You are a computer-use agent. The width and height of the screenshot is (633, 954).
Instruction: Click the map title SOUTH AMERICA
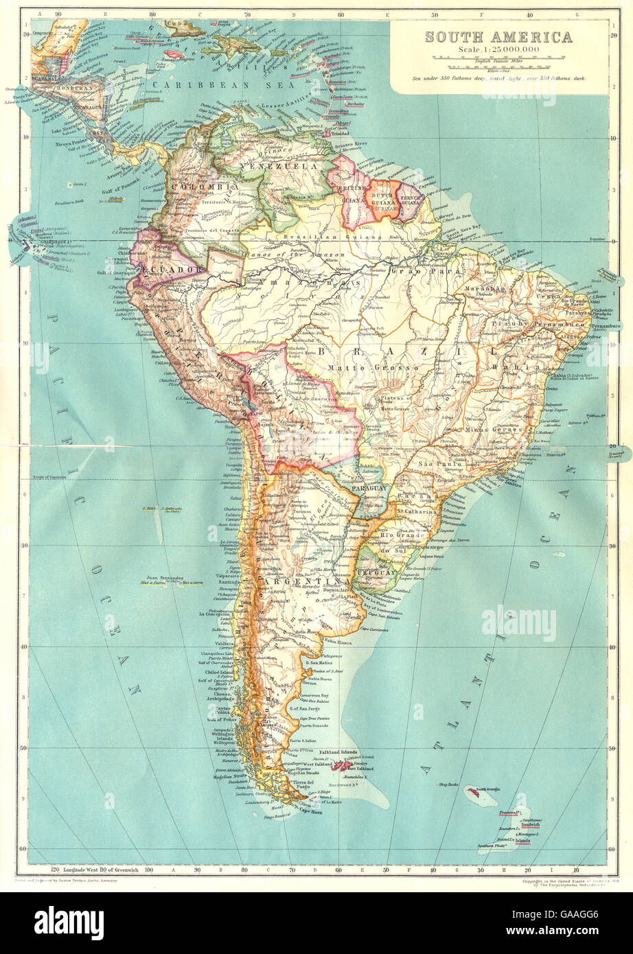[x=498, y=37]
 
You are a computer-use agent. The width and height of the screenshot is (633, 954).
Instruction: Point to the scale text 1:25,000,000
[x=498, y=50]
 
